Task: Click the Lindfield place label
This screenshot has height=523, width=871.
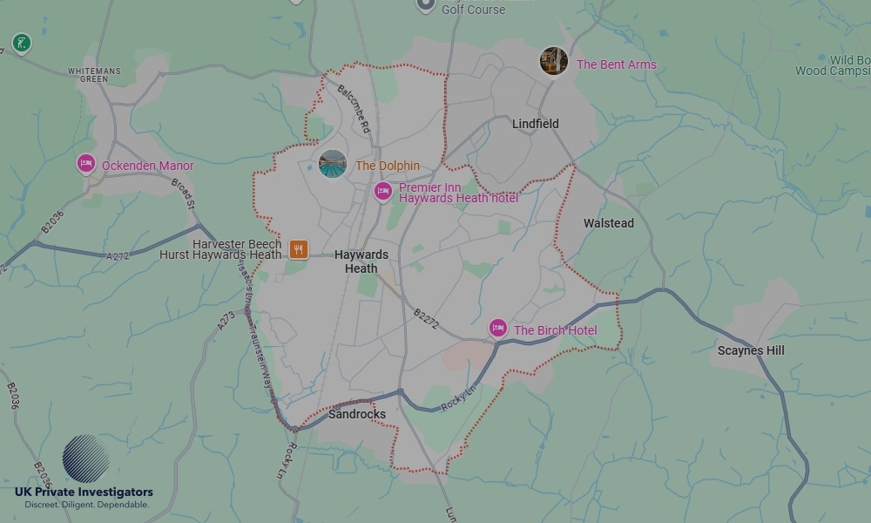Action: (x=535, y=124)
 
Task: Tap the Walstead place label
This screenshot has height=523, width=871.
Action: (x=608, y=223)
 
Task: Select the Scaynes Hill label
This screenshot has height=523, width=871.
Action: (x=750, y=350)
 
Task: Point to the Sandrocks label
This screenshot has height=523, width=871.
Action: (x=356, y=414)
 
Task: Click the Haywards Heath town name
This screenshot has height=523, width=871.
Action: (x=361, y=261)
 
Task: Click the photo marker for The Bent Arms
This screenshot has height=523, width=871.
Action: (x=553, y=62)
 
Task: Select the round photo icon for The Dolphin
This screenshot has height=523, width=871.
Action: (x=333, y=164)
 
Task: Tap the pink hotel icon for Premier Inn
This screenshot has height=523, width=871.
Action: (x=382, y=192)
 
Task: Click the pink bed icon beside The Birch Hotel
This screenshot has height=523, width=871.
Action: (x=497, y=328)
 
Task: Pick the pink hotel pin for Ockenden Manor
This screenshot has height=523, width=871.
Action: (x=85, y=163)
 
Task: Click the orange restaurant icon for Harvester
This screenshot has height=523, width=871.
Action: (x=299, y=249)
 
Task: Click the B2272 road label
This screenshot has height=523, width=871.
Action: (x=427, y=318)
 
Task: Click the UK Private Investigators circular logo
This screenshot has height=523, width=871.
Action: (x=85, y=458)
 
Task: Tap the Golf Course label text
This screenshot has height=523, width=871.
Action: (x=473, y=10)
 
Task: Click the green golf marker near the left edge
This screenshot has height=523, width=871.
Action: (x=21, y=43)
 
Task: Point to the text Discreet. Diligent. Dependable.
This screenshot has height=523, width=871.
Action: (x=86, y=505)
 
